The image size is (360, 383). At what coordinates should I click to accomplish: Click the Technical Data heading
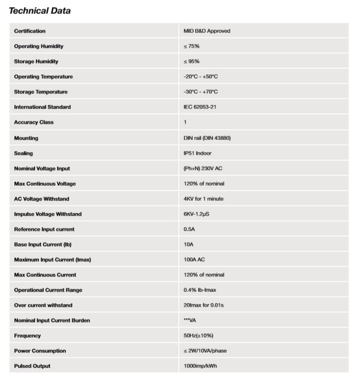(x=40, y=10)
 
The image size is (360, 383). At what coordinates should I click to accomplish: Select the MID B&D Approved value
(x=207, y=31)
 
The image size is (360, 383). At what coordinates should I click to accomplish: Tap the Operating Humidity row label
(x=38, y=46)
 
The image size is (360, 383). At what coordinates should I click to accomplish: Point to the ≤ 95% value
(x=191, y=61)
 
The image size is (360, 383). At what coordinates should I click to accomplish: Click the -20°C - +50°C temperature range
(x=201, y=77)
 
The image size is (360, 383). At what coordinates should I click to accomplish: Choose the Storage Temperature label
(x=40, y=92)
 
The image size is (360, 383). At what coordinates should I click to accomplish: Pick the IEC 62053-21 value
(x=200, y=107)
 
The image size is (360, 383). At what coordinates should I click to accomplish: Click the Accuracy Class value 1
(x=185, y=122)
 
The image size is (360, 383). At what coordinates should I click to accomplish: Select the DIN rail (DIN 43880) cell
(x=207, y=138)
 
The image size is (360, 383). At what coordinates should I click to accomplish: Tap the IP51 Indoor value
(x=197, y=153)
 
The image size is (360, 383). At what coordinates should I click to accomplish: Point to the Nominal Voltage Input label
(x=42, y=168)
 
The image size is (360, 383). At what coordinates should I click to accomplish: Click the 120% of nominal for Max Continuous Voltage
(x=204, y=184)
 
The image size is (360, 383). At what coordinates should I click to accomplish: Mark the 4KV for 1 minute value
(x=203, y=199)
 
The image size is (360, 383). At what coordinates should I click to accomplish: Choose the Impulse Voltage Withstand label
(x=47, y=214)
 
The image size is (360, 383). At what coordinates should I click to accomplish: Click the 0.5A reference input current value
(x=189, y=229)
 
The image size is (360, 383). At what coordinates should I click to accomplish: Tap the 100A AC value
(x=194, y=259)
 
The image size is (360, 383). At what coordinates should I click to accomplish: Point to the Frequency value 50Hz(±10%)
(x=198, y=336)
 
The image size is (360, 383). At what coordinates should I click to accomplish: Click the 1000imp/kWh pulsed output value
(x=200, y=366)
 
